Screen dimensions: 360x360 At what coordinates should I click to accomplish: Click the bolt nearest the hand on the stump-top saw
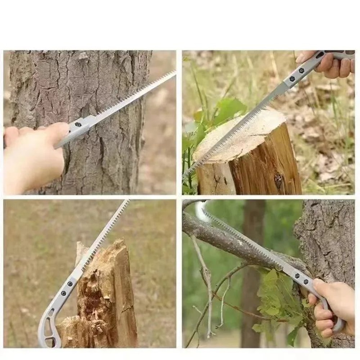coord(302,70)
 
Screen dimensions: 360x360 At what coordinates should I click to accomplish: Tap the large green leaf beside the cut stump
coord(230,108)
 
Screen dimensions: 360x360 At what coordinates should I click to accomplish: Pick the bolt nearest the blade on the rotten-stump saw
coord(70,284)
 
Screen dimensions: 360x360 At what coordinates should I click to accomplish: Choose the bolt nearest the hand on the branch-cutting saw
coord(306,281)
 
